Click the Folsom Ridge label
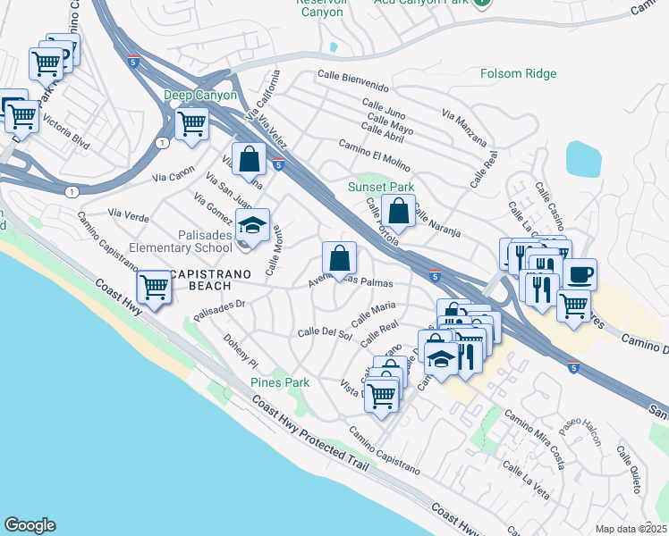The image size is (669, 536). click(x=518, y=74)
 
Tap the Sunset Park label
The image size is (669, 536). click(x=381, y=188)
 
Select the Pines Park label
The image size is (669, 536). click(x=280, y=382)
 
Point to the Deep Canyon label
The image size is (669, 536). click(x=199, y=95)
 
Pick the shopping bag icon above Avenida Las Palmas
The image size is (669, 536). click(x=340, y=259)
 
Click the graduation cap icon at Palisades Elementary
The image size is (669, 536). click(x=253, y=225)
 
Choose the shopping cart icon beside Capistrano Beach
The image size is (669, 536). click(x=155, y=287)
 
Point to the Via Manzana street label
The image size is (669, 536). click(x=465, y=128)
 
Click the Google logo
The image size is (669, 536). click(x=30, y=525)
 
